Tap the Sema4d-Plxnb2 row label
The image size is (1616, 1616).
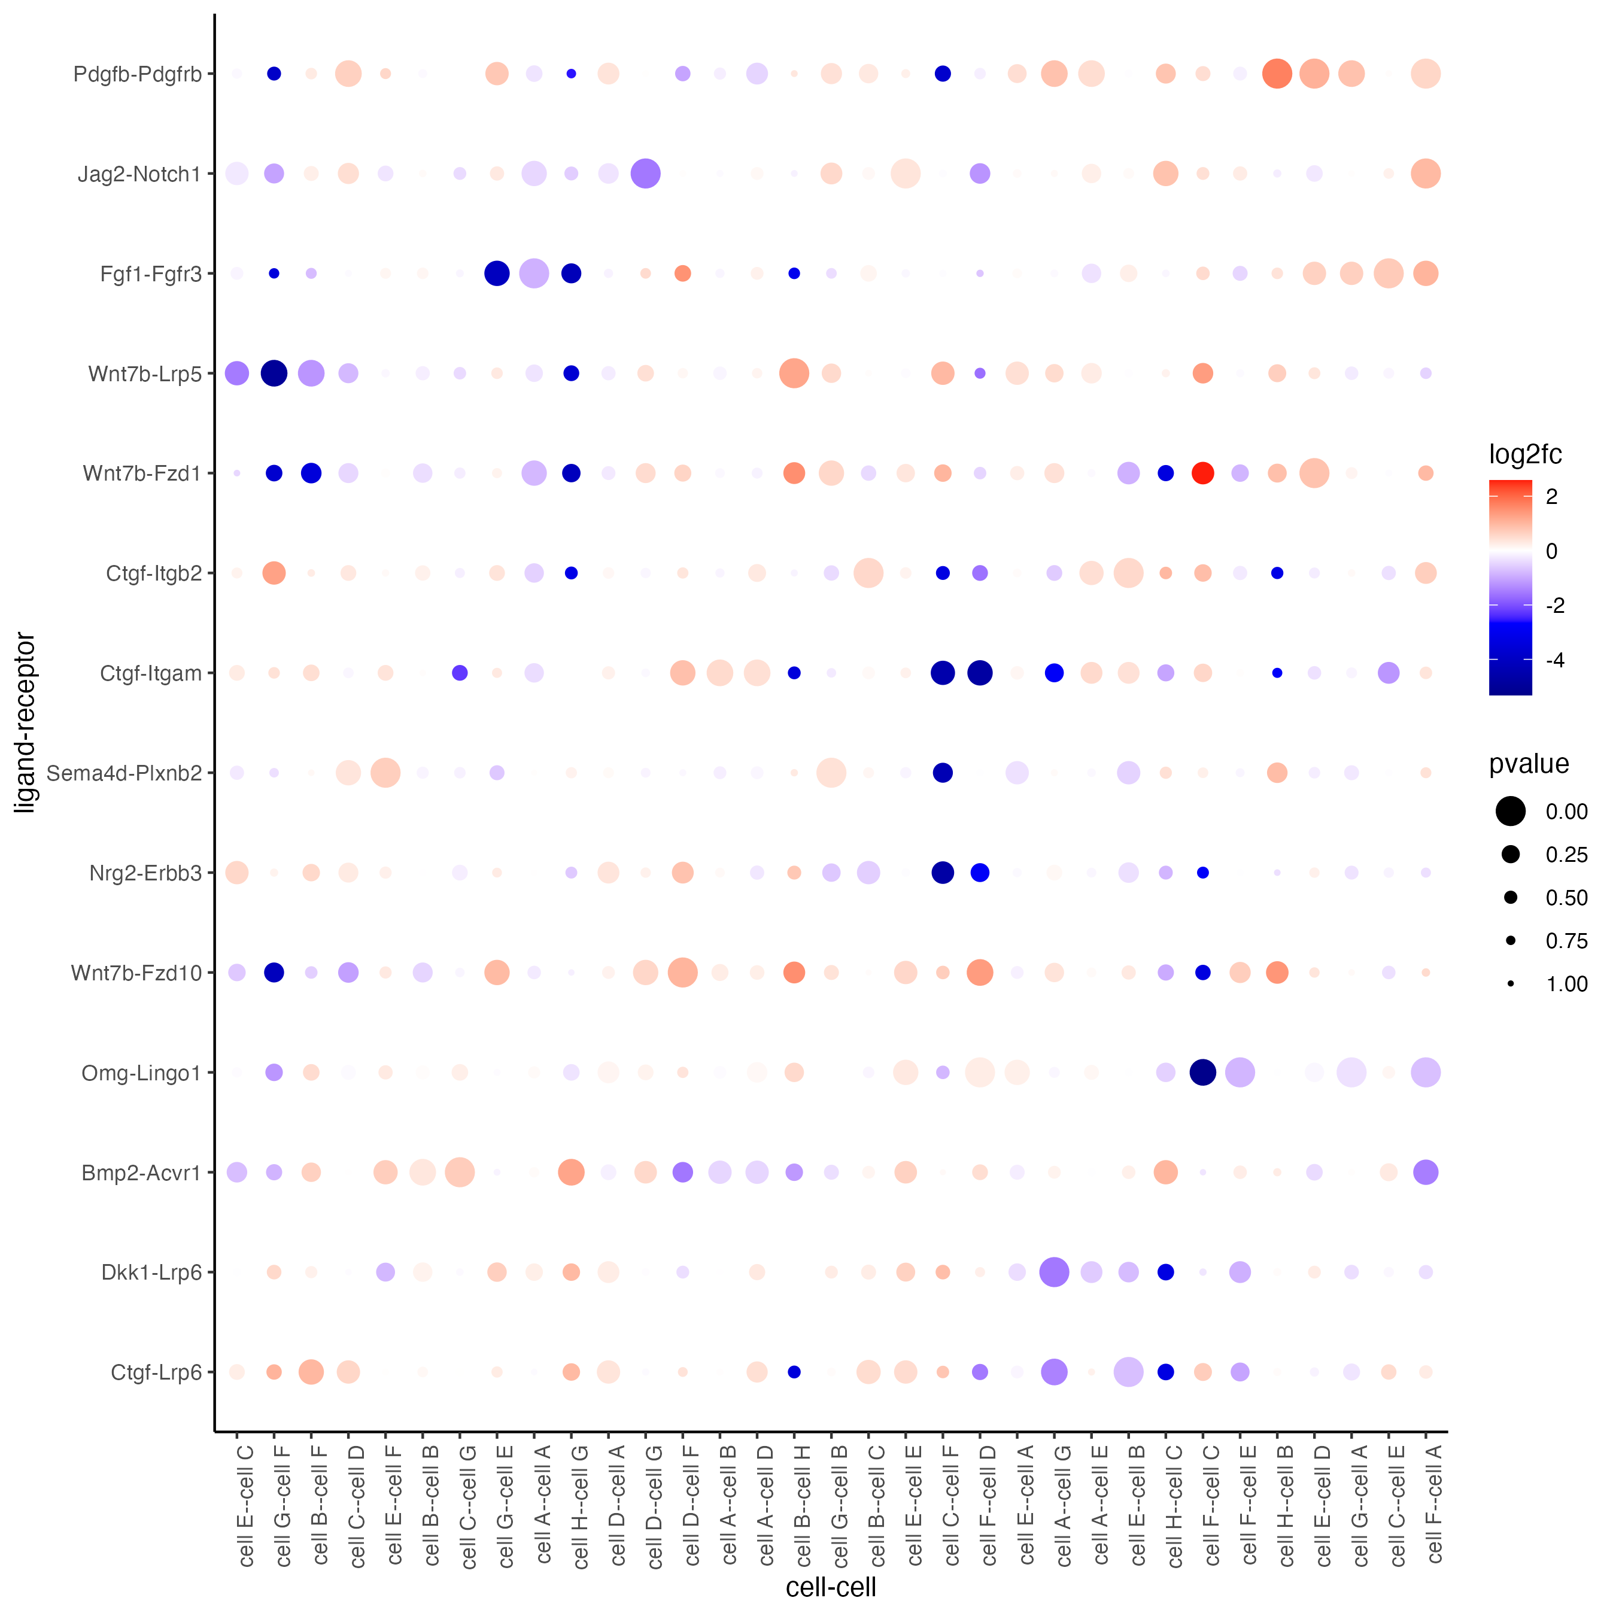pyautogui.click(x=124, y=773)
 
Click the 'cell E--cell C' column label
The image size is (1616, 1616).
pyautogui.click(x=245, y=1506)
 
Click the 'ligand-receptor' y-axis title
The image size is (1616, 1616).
pyautogui.click(x=25, y=722)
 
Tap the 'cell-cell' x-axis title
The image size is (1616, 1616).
pyautogui.click(x=831, y=1587)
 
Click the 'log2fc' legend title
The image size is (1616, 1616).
pyautogui.click(x=1525, y=454)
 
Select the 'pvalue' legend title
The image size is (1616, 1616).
pyautogui.click(x=1528, y=764)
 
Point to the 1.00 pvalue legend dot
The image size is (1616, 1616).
pyautogui.click(x=1511, y=983)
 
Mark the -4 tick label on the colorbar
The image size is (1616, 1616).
pyautogui.click(x=1555, y=660)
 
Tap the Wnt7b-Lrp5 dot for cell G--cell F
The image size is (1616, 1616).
pyautogui.click(x=274, y=373)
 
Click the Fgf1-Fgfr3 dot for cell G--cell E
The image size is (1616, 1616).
pyautogui.click(x=497, y=274)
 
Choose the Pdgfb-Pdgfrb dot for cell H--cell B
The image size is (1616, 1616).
pyautogui.click(x=1277, y=74)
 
